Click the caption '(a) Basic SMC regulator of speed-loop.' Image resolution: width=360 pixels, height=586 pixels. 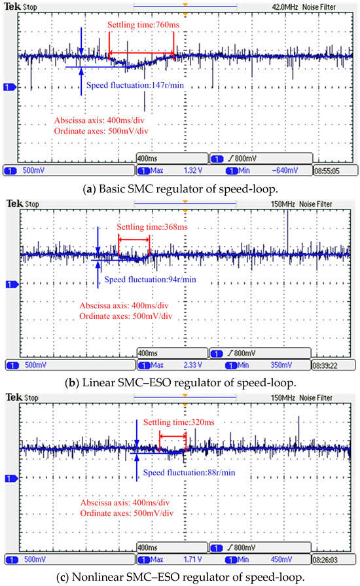(x=180, y=187)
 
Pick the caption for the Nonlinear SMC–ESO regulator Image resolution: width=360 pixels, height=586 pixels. (x=180, y=574)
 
